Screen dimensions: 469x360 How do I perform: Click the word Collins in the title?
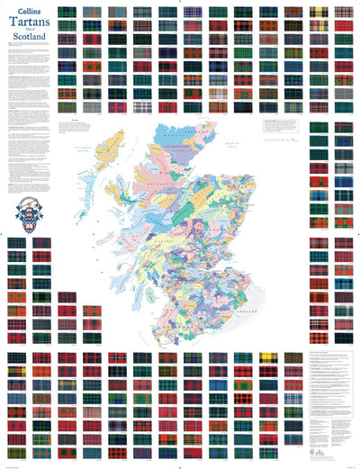click(27, 12)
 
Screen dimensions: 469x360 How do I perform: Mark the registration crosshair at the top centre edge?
click(180, 3)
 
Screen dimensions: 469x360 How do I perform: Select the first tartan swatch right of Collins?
click(66, 14)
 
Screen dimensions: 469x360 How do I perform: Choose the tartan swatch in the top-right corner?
click(343, 14)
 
